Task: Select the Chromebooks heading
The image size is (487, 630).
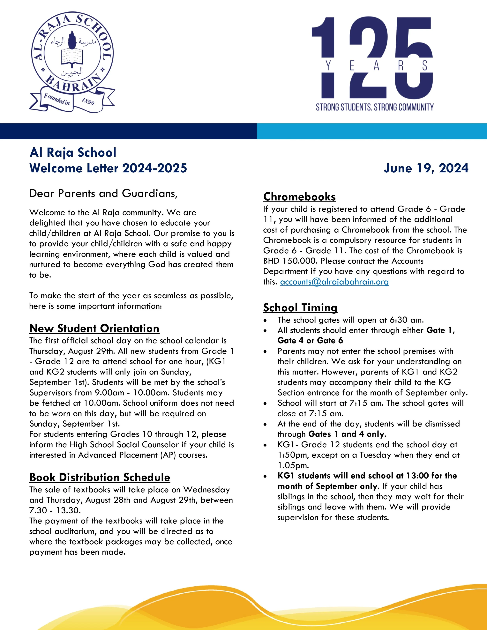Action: [299, 197]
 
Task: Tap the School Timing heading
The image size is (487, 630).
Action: [300, 308]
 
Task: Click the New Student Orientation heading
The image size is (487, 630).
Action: [94, 328]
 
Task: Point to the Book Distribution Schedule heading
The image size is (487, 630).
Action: [100, 477]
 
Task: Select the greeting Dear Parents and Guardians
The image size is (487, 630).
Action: [103, 193]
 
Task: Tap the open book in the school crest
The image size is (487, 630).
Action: [72, 56]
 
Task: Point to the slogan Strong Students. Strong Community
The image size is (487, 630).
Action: [374, 107]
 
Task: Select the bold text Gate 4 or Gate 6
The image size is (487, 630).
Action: [310, 341]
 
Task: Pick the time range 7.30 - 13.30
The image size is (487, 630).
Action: [55, 510]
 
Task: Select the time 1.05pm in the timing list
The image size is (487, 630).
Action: [293, 465]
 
